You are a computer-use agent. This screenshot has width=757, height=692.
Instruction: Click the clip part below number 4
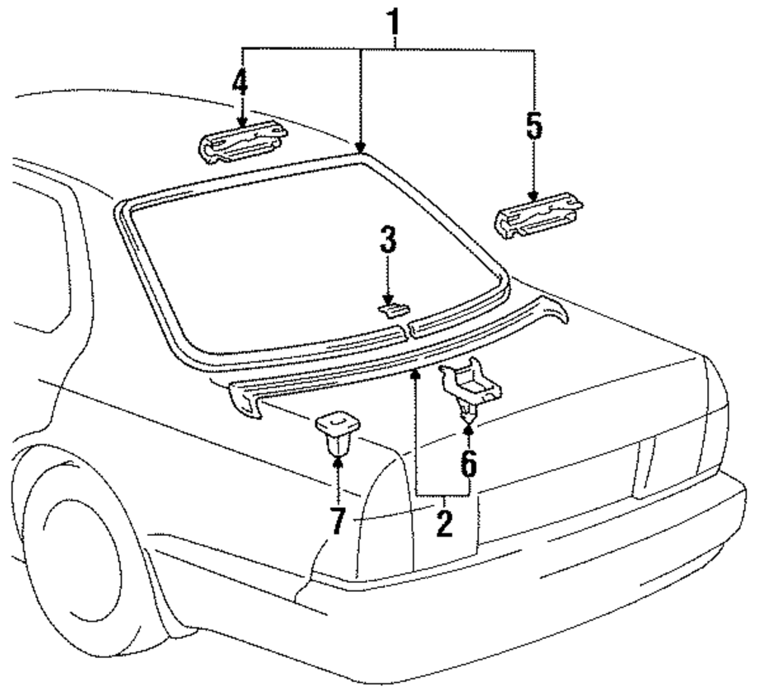(242, 142)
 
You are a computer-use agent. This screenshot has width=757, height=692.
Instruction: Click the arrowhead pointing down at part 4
(242, 121)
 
